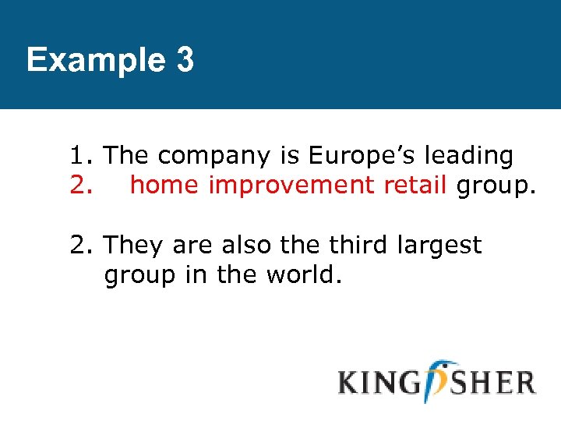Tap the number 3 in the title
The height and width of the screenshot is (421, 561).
185,60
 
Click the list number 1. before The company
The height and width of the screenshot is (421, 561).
82,156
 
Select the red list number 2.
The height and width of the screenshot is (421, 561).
82,186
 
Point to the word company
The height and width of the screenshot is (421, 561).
212,157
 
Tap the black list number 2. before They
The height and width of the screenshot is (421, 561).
82,246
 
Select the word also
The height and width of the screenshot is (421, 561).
251,246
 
